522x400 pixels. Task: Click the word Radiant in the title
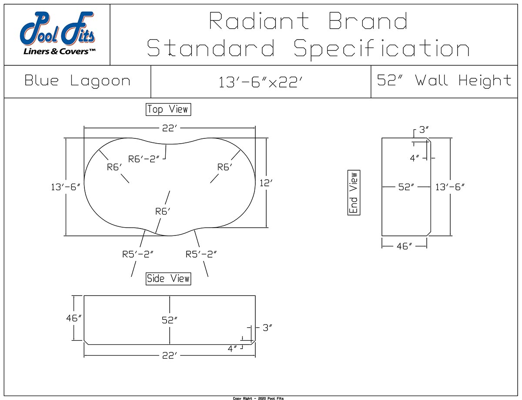tap(259, 21)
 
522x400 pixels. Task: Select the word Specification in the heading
tap(381, 48)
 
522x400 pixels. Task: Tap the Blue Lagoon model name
tap(77, 81)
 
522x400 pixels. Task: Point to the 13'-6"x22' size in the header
tap(261, 82)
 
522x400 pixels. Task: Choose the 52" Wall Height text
tap(444, 81)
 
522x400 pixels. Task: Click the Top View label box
tap(168, 109)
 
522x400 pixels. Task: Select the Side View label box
tap(168, 279)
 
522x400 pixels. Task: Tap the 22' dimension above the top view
tap(169, 128)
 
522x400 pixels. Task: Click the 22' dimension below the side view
tap(169, 356)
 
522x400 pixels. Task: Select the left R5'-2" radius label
tap(137, 254)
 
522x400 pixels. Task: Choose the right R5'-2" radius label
tap(201, 254)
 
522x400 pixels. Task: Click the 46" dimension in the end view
tap(404, 246)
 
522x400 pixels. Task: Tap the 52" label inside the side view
tap(169, 320)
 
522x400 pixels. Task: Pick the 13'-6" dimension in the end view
tap(450, 187)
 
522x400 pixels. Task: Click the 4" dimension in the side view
tap(233, 348)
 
